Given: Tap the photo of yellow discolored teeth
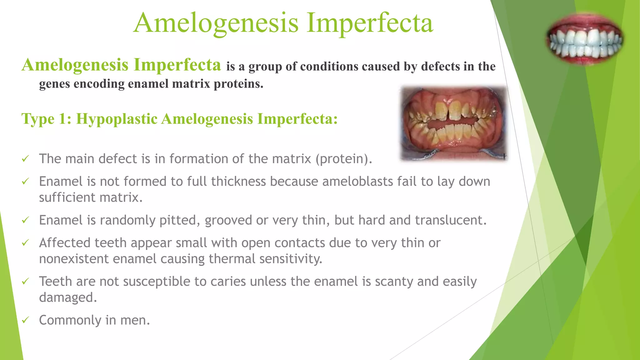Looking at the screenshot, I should [454, 123].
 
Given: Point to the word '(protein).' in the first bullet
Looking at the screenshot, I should [343, 159].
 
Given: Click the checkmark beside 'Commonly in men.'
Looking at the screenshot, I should [25, 320].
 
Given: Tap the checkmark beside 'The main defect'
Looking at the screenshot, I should [25, 159].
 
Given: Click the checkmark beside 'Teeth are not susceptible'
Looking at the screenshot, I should [25, 281].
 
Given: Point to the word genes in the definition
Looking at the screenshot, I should [54, 84].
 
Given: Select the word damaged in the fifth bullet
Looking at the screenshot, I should [67, 298].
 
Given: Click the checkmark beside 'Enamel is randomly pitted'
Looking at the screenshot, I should [25, 220].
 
